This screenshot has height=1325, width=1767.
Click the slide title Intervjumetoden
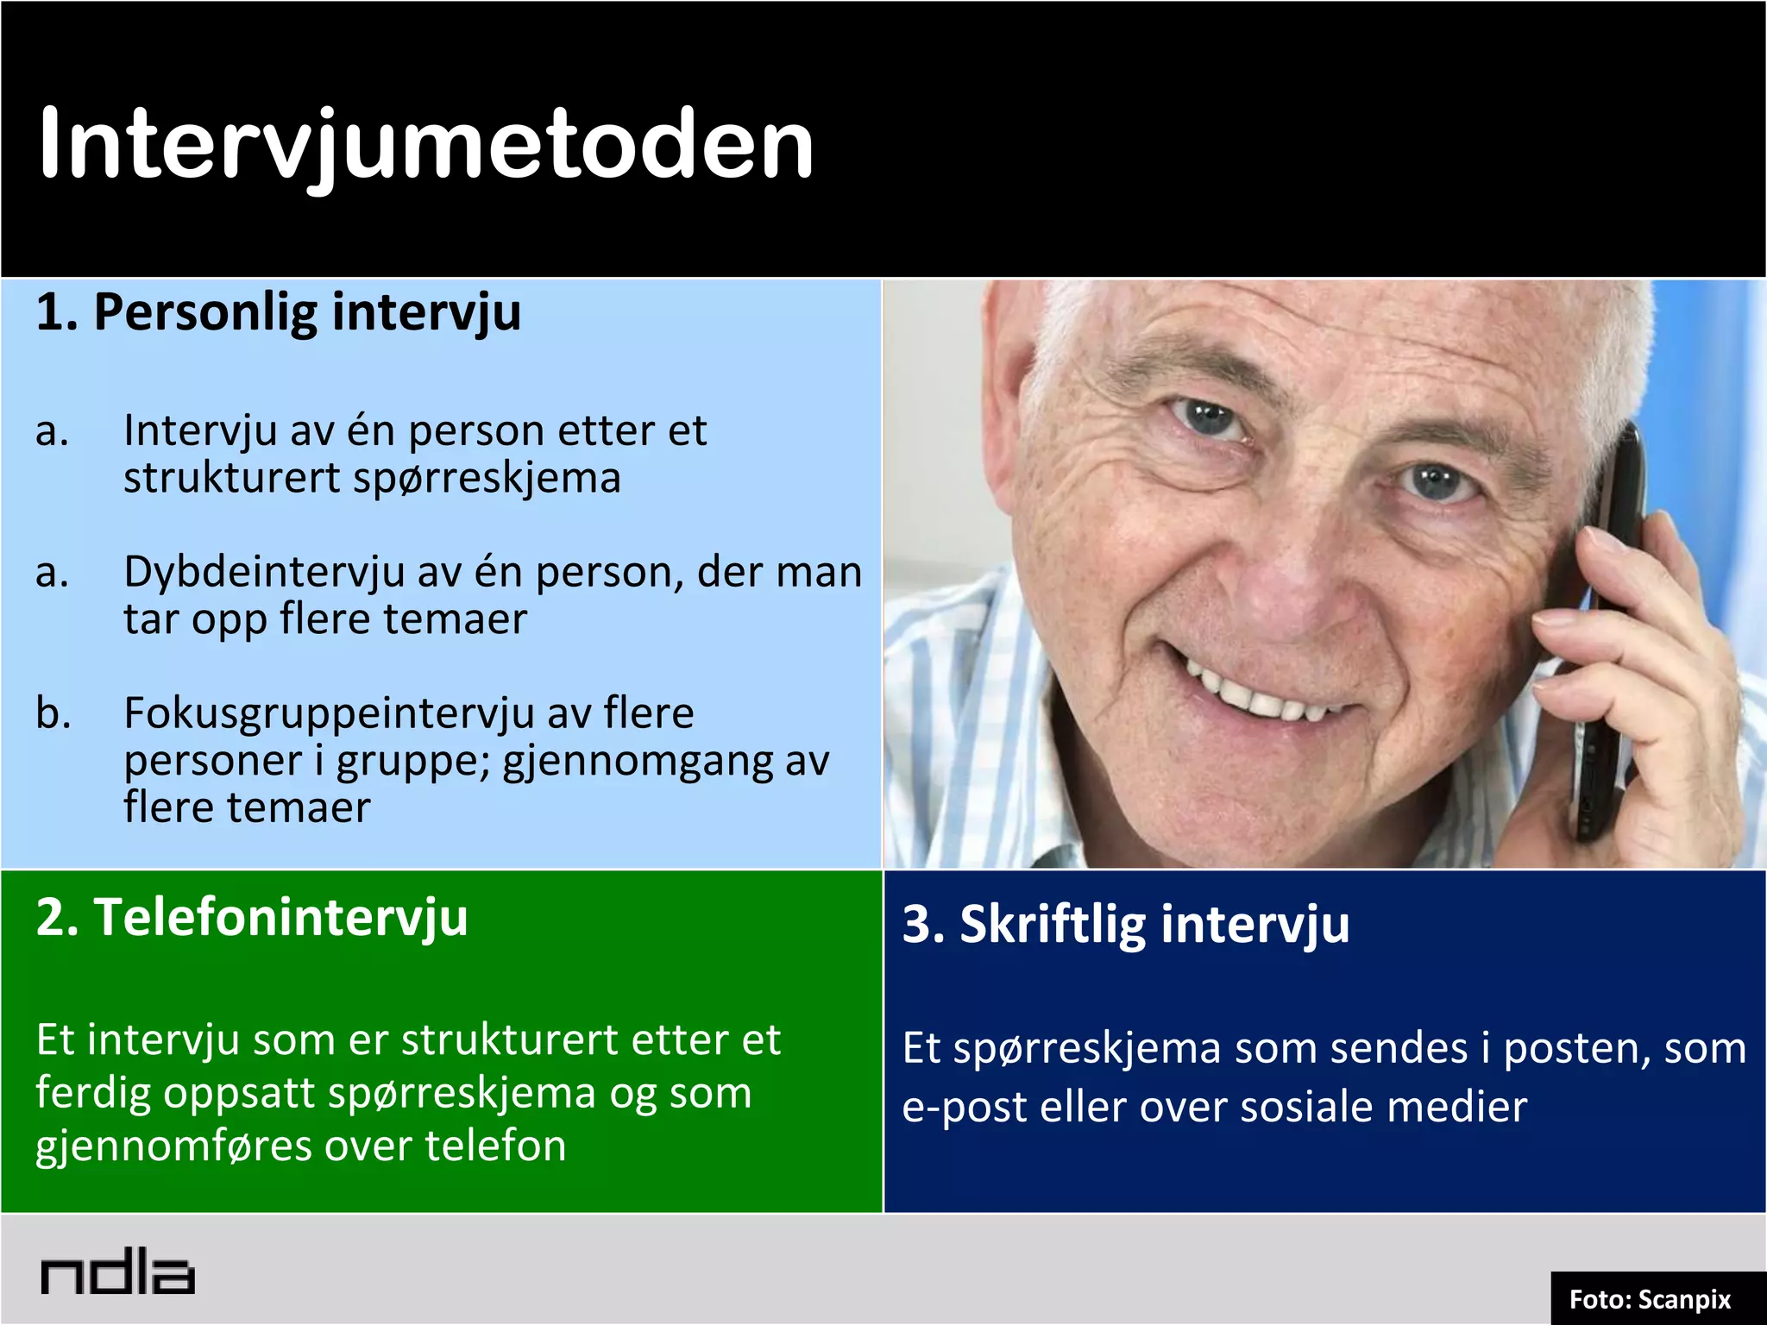426,144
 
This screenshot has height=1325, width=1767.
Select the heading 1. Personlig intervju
278,311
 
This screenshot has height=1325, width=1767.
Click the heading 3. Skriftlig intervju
1125,924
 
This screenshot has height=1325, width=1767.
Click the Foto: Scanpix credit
1649,1299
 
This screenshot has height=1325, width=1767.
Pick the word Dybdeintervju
264,572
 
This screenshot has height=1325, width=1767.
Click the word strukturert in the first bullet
231,478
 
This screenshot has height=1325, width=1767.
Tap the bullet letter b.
52,713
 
